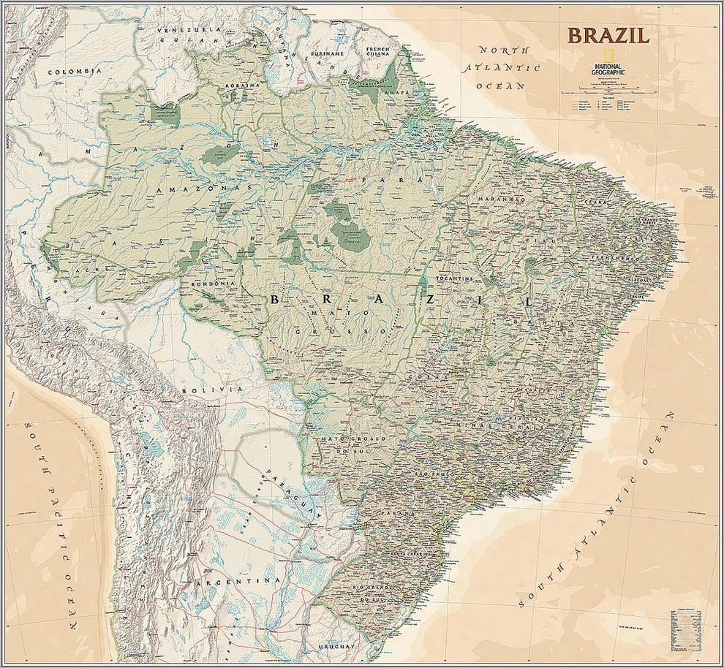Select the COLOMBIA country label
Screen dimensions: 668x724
pos(73,72)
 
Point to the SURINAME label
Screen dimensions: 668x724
pos(328,53)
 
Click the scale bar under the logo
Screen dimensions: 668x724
pos(606,92)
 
